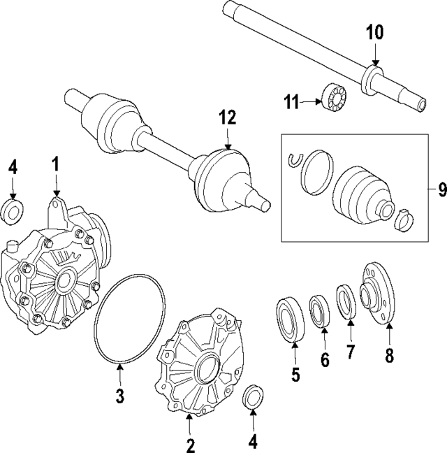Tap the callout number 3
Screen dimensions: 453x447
click(x=119, y=396)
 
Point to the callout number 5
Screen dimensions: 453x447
click(x=295, y=375)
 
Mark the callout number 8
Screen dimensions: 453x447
click(x=390, y=355)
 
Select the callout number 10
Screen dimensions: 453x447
click(x=375, y=32)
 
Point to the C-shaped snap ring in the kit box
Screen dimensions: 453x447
click(x=295, y=160)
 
